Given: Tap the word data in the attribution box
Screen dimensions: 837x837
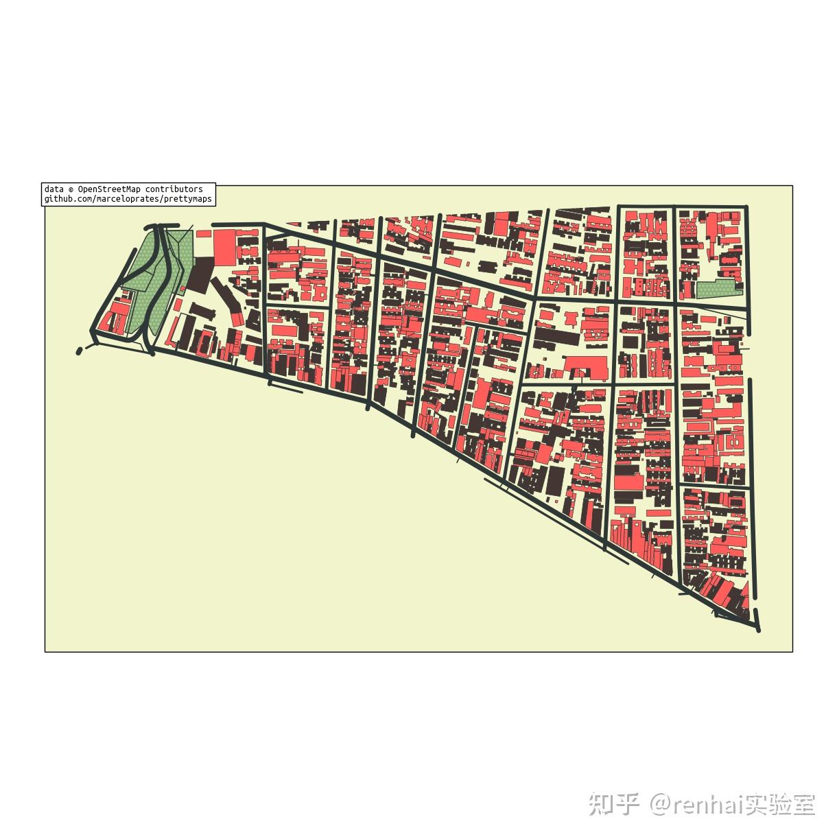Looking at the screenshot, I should (x=54, y=189).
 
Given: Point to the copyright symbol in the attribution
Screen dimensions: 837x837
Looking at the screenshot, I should (x=71, y=189).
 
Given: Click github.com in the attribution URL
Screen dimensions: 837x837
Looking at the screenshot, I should (x=66, y=199).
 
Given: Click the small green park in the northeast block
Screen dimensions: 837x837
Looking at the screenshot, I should (x=718, y=290).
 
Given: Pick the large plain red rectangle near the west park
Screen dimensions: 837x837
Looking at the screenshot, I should (x=224, y=246).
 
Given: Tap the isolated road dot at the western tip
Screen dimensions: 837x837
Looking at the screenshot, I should (x=80, y=351).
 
